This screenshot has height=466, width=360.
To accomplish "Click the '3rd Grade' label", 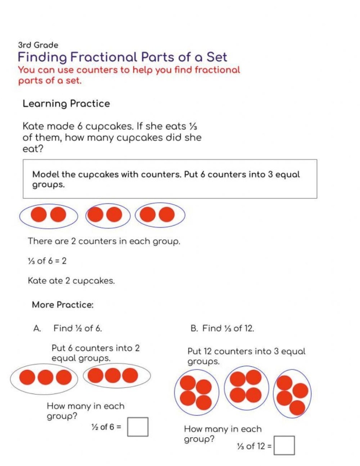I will pyautogui.click(x=38, y=45).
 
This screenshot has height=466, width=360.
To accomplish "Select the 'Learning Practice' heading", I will pyautogui.click(x=66, y=104).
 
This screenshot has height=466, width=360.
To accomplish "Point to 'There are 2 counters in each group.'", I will pyautogui.click(x=104, y=241).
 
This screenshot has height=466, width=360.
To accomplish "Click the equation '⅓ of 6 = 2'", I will pyautogui.click(x=47, y=261).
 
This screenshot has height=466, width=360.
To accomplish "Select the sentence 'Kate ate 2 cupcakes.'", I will pyautogui.click(x=71, y=281).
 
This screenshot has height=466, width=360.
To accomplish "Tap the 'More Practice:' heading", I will pyautogui.click(x=63, y=305).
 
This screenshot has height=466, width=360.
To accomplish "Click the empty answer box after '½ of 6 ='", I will pyautogui.click(x=137, y=427).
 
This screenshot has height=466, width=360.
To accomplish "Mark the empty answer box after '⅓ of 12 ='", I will pyautogui.click(x=284, y=445).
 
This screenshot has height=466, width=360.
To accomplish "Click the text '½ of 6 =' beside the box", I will pyautogui.click(x=106, y=427).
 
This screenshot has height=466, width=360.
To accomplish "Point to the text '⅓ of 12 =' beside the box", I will pyautogui.click(x=254, y=446).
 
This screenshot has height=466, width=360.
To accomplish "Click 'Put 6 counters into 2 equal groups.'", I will pyautogui.click(x=95, y=353).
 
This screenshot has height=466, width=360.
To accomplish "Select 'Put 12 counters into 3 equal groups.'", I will pyautogui.click(x=246, y=356).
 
